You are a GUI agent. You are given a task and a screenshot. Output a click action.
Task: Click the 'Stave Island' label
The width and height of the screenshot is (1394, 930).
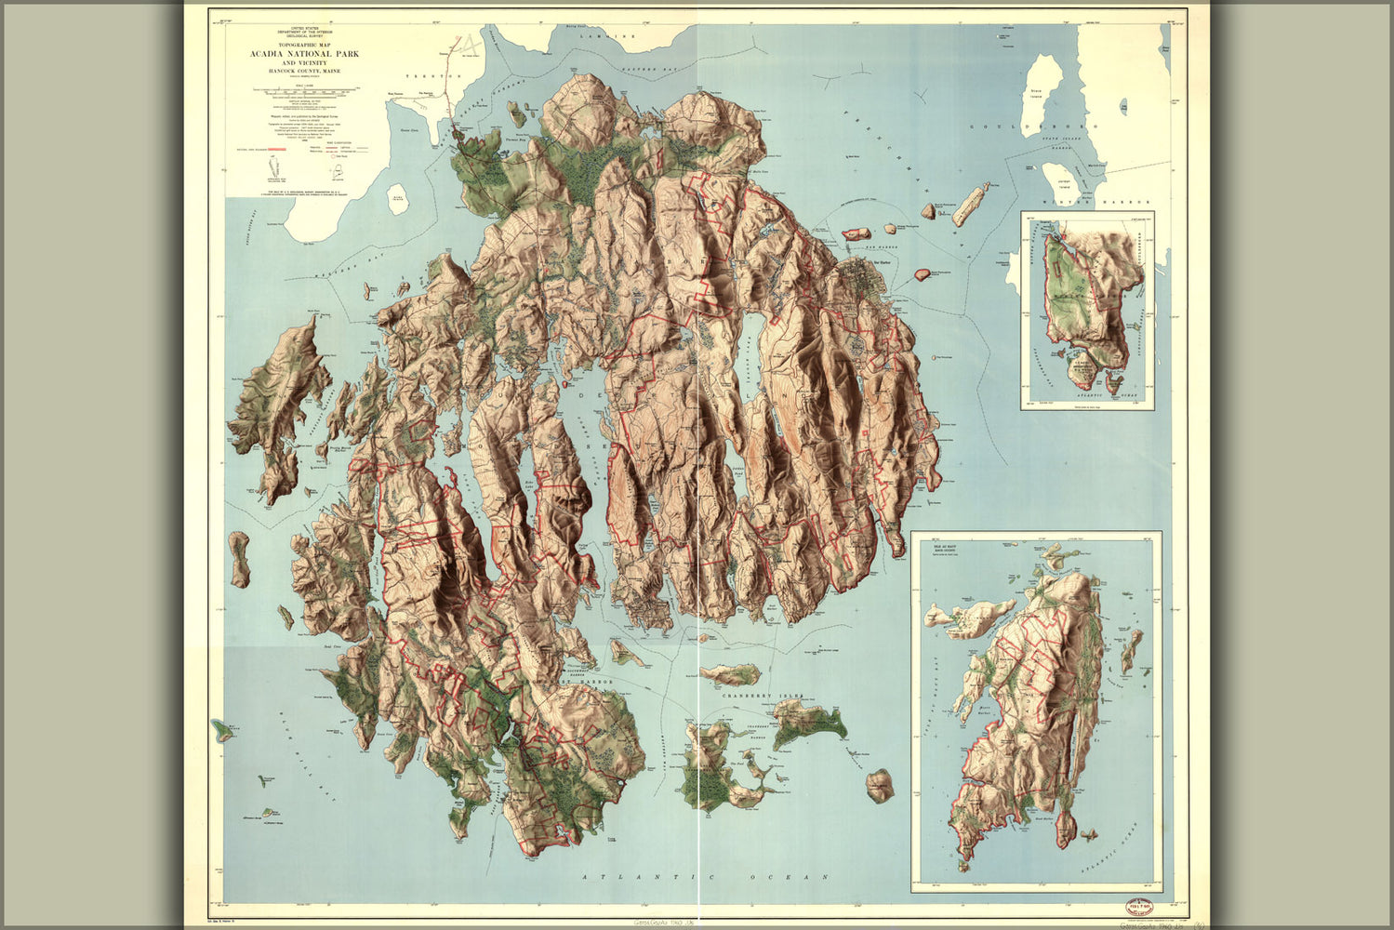[x=1035, y=93]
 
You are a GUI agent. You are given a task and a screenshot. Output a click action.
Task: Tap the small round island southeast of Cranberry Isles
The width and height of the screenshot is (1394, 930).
[x=880, y=785]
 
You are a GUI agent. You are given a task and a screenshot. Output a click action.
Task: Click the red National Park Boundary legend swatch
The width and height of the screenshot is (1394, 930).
[x=271, y=147]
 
